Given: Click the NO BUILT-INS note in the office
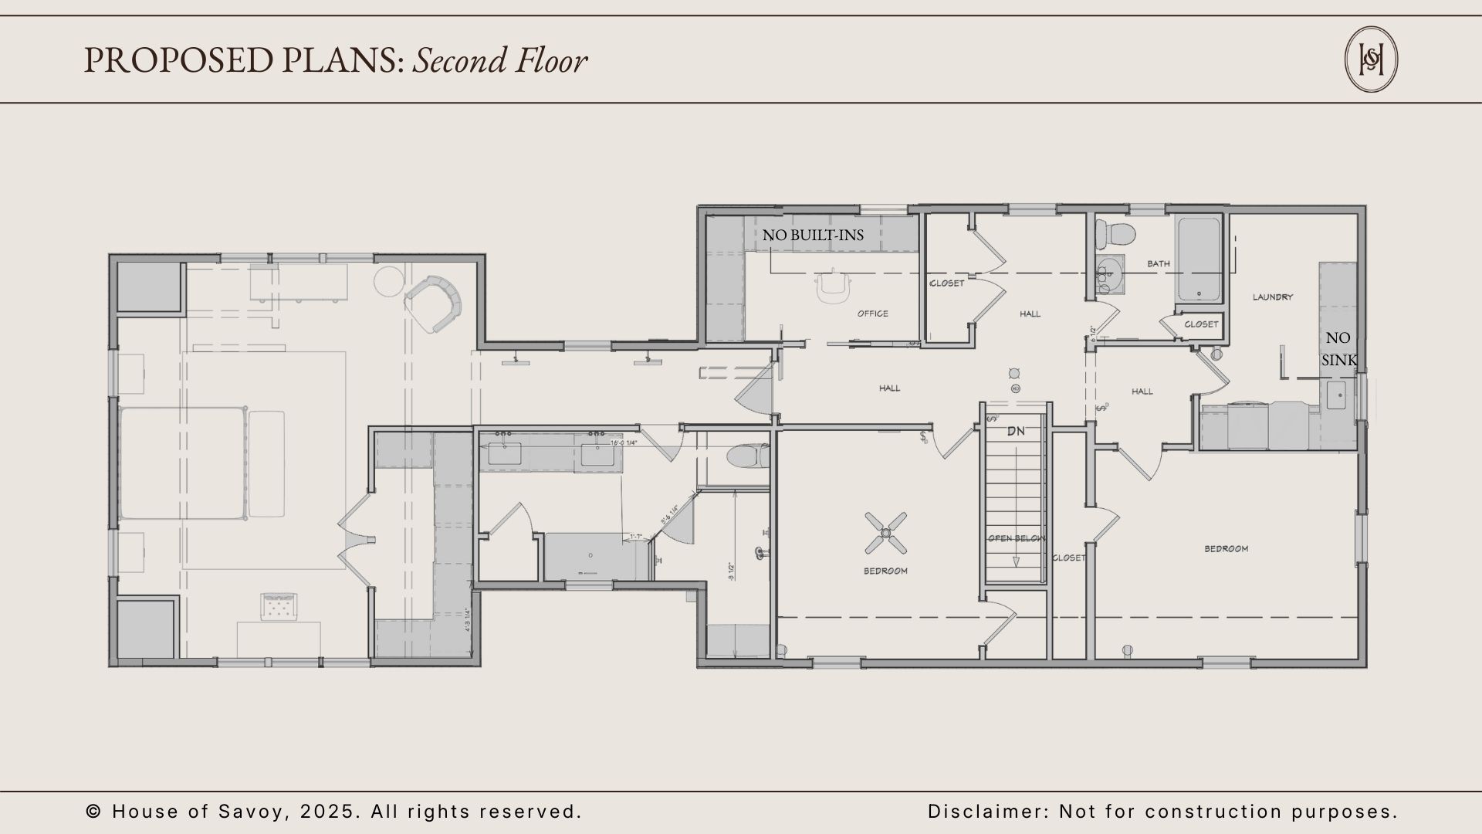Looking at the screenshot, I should click(813, 235).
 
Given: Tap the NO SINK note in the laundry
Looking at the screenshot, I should click(1338, 349).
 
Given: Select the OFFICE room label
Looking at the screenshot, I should click(873, 314).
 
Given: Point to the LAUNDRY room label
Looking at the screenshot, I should click(1273, 297).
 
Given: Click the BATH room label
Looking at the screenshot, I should click(1159, 264).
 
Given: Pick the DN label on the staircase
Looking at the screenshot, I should click(1016, 431).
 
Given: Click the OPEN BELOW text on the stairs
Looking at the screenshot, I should click(1017, 538).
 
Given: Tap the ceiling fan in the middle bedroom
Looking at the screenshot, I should click(885, 532).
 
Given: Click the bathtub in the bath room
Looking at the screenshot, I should click(1198, 259).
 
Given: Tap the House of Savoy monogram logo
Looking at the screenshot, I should click(1371, 59).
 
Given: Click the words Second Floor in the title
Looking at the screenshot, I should click(499, 61).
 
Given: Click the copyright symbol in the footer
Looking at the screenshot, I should click(94, 812).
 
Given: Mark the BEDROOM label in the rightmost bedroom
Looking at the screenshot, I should click(1227, 549).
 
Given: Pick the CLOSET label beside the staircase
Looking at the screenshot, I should click(1069, 558).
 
